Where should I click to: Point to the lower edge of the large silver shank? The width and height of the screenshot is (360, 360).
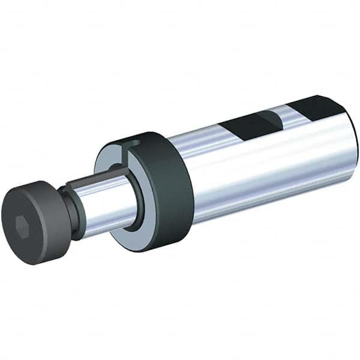[x=270, y=204]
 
